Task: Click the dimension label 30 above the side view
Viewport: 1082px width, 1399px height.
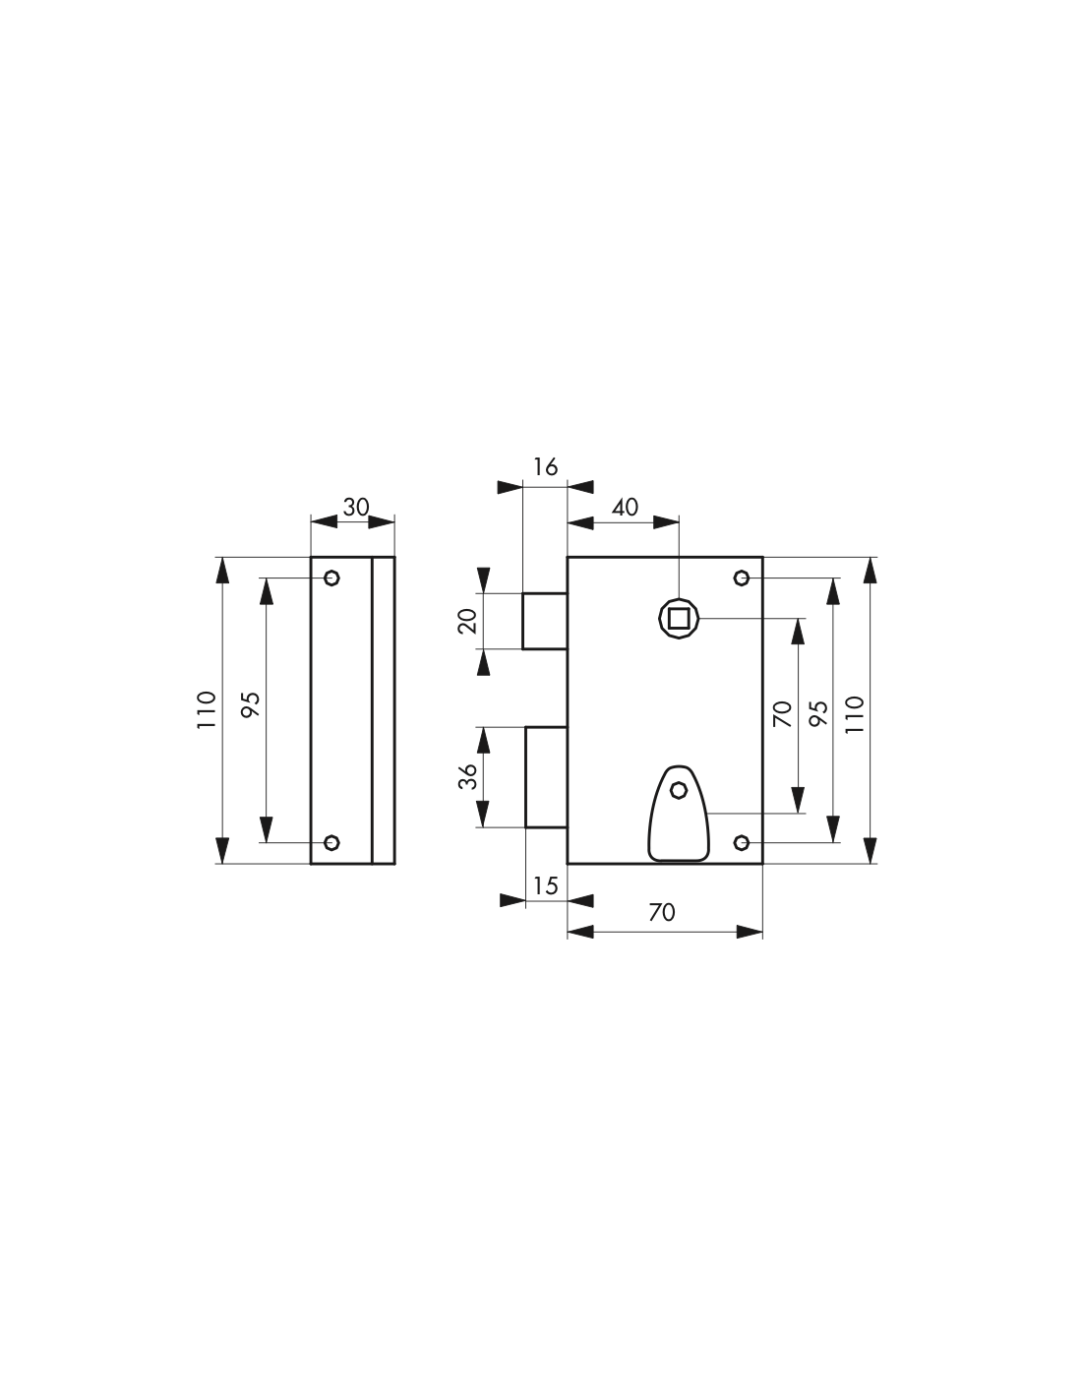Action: pyautogui.click(x=355, y=508)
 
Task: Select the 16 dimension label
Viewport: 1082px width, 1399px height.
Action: pyautogui.click(x=545, y=467)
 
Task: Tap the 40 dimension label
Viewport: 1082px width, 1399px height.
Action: pyautogui.click(x=625, y=508)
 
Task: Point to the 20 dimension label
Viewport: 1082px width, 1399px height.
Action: pyautogui.click(x=468, y=621)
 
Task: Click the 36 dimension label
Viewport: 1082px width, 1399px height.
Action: pyautogui.click(x=468, y=776)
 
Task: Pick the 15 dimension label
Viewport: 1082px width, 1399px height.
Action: pyautogui.click(x=545, y=886)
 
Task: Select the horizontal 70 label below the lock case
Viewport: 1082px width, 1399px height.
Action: pyautogui.click(x=662, y=912)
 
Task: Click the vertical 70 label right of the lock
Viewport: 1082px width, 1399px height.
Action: pyautogui.click(x=782, y=714)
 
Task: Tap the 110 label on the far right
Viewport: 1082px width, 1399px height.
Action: pyautogui.click(x=855, y=714)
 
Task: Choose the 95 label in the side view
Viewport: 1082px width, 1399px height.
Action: pyautogui.click(x=250, y=705)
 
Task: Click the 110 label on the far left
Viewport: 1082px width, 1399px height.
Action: pyautogui.click(x=206, y=709)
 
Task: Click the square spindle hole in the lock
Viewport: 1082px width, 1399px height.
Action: pyautogui.click(x=679, y=619)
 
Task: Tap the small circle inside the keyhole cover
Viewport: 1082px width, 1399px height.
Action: pyautogui.click(x=679, y=790)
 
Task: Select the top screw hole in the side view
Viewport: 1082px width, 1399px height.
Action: pyautogui.click(x=331, y=578)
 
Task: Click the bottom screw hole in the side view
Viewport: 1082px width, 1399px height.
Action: pyautogui.click(x=331, y=842)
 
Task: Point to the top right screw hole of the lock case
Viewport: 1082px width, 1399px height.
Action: pyautogui.click(x=742, y=578)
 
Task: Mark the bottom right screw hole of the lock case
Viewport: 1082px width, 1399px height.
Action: pyautogui.click(x=742, y=842)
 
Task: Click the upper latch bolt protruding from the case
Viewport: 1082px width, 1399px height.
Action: pyautogui.click(x=545, y=621)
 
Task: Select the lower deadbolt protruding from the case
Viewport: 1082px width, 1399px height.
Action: pyautogui.click(x=547, y=776)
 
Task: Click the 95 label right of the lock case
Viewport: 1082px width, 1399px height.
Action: pyautogui.click(x=818, y=714)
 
